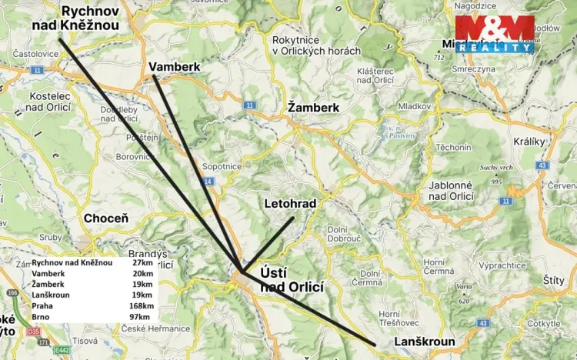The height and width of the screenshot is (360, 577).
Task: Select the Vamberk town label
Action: [x=175, y=67]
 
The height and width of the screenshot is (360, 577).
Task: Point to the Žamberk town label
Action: [x=313, y=108]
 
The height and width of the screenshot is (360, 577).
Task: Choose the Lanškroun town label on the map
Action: [x=424, y=342]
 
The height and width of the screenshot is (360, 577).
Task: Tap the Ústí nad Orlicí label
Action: [x=292, y=278]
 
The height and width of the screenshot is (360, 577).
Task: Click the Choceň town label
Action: [x=105, y=218]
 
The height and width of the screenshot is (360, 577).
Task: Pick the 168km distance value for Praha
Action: [x=141, y=305]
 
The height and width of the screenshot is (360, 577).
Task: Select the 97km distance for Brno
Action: [x=142, y=316]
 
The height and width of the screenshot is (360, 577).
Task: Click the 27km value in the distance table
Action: [x=142, y=262]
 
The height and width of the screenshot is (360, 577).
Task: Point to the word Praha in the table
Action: [x=43, y=305]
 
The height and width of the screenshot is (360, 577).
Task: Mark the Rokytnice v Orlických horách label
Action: [x=316, y=45]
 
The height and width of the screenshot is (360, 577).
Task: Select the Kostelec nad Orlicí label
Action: [x=48, y=102]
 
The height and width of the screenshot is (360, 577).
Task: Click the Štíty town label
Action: [x=553, y=281]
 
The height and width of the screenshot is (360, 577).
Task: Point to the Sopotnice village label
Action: [x=222, y=165]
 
